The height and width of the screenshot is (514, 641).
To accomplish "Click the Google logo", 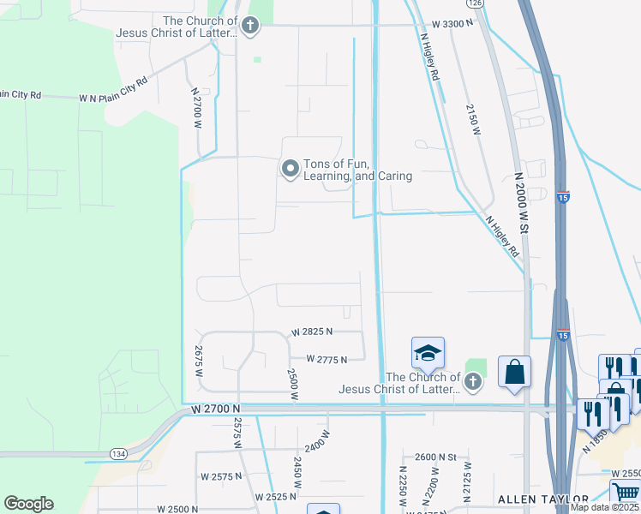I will point(28,504).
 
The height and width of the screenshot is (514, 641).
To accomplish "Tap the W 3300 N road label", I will point(452,24).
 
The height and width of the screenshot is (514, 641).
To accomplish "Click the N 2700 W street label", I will point(196,107).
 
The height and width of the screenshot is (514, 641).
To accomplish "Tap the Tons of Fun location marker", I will point(291,169).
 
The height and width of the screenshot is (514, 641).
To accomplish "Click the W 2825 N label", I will point(312,332).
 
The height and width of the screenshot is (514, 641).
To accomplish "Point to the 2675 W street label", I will point(199,362).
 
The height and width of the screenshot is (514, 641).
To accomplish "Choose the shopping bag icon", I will point(514,372).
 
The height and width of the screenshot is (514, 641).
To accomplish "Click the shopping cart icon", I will point(625,493).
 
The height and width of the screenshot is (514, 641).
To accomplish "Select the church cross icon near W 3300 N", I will point(250,26).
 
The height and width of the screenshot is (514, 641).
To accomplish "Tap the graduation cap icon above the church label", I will point(428,352).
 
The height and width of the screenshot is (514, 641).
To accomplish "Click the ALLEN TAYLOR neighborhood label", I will point(543,499).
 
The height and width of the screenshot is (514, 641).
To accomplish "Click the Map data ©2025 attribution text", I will point(605,507).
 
